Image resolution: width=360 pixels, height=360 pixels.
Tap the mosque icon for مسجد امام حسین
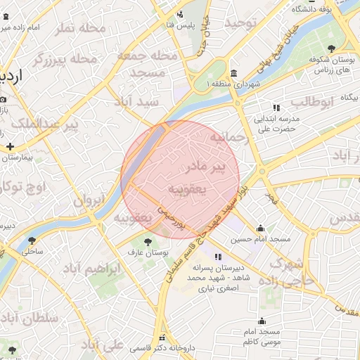[261, 228]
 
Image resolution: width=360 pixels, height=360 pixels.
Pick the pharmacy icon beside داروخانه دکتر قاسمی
[163, 337]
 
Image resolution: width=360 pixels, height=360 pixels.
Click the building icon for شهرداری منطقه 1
[233, 74]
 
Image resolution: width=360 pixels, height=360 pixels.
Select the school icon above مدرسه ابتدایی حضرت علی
[276, 108]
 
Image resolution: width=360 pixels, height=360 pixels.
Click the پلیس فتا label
[180, 25]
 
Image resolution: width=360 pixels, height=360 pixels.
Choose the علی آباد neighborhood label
[103, 345]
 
